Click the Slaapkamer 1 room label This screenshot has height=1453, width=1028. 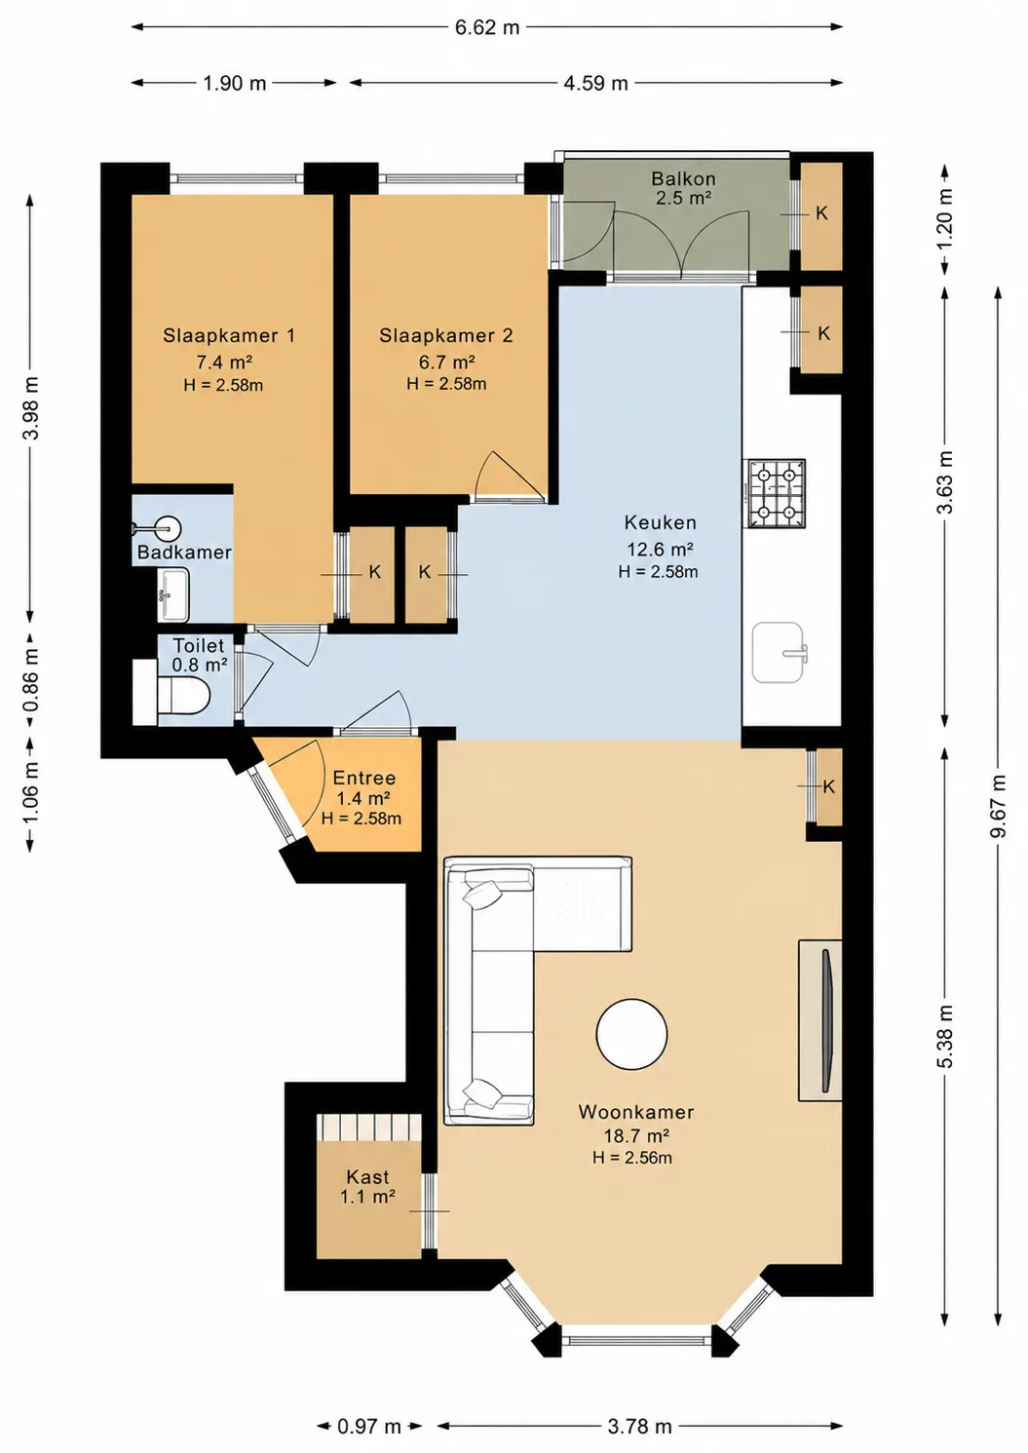pyautogui.click(x=229, y=335)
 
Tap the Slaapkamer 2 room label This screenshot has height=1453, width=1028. pyautogui.click(x=446, y=335)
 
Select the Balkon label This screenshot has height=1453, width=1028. pyautogui.click(x=684, y=178)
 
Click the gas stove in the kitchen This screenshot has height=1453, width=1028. pyautogui.click(x=777, y=493)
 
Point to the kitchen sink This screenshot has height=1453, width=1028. pyautogui.click(x=780, y=653)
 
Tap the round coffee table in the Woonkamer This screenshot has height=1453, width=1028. pyautogui.click(x=631, y=1034)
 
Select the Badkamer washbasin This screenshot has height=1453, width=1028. pyautogui.click(x=172, y=594)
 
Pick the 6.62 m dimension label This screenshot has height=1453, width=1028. pyautogui.click(x=487, y=27)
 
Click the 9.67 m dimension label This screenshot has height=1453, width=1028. pyautogui.click(x=998, y=806)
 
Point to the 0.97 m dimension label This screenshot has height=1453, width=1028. pyautogui.click(x=369, y=1427)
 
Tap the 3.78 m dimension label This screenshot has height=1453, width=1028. pyautogui.click(x=639, y=1427)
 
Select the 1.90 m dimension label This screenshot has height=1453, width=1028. pyautogui.click(x=235, y=84)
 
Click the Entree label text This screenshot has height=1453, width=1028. pyautogui.click(x=363, y=778)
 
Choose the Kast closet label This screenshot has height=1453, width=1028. pyautogui.click(x=367, y=1176)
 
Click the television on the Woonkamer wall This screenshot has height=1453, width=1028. pyautogui.click(x=827, y=1021)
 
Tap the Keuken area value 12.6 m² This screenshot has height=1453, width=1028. pyautogui.click(x=661, y=550)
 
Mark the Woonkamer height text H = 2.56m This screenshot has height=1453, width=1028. pyautogui.click(x=631, y=1157)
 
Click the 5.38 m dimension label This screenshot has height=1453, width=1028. pyautogui.click(x=945, y=1036)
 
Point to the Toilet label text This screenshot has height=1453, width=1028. pyautogui.click(x=199, y=645)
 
